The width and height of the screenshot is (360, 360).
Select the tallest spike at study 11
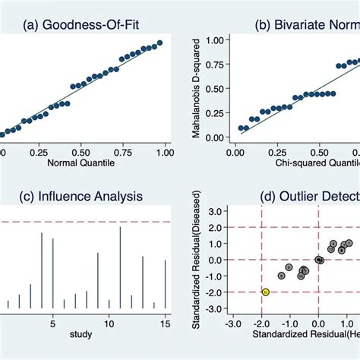pyautogui.click(x=120, y=268)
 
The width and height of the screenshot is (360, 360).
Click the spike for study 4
pyautogui.click(x=41, y=271)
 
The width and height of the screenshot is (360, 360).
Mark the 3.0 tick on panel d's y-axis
pyautogui.click(x=216, y=210)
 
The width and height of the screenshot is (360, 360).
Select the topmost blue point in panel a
pyautogui.click(x=159, y=43)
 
